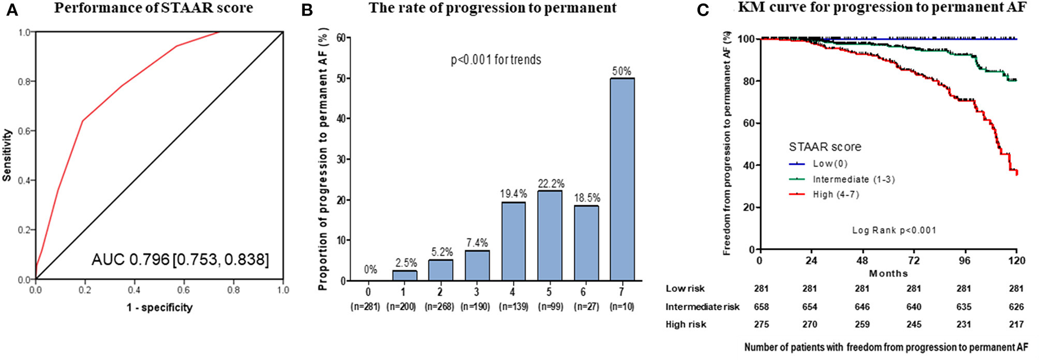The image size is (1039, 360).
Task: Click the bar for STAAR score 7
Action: (622, 179)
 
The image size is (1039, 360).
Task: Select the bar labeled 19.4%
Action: (514, 241)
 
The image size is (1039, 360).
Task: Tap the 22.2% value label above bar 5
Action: (550, 184)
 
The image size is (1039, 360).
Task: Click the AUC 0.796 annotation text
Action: (180, 259)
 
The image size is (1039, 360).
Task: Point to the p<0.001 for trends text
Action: (495, 60)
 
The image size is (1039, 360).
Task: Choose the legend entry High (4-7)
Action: (836, 195)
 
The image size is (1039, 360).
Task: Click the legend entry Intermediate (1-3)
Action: (853, 179)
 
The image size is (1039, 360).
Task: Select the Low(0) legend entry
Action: (830, 164)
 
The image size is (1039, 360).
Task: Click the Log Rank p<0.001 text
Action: (894, 230)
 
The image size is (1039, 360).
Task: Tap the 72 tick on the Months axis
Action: (914, 261)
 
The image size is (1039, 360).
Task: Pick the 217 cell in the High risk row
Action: (1016, 324)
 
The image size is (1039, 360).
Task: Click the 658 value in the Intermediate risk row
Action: (760, 307)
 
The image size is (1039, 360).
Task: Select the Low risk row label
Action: (685, 288)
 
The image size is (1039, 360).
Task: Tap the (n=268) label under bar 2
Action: (440, 307)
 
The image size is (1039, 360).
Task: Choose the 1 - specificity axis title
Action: (159, 307)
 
